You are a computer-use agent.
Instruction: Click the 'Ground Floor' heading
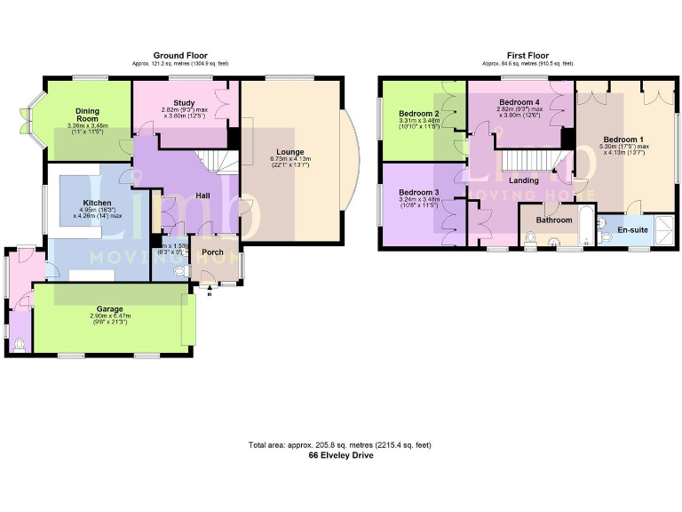pos(179,55)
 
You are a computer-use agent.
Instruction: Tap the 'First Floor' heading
pos(527,55)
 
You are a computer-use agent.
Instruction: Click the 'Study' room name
pos(184,103)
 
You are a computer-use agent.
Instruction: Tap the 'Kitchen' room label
pos(97,203)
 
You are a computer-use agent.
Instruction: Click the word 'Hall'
pos(202,194)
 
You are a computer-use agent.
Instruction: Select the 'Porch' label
pos(213,252)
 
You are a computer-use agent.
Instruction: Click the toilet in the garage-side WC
pos(20,344)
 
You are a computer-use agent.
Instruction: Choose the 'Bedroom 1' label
pos(623,140)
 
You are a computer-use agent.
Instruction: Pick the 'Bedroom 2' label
pos(418,114)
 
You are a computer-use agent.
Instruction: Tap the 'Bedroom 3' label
pos(418,193)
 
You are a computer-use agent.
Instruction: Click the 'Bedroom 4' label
pos(519,102)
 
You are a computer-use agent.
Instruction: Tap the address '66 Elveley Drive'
pos(340,455)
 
